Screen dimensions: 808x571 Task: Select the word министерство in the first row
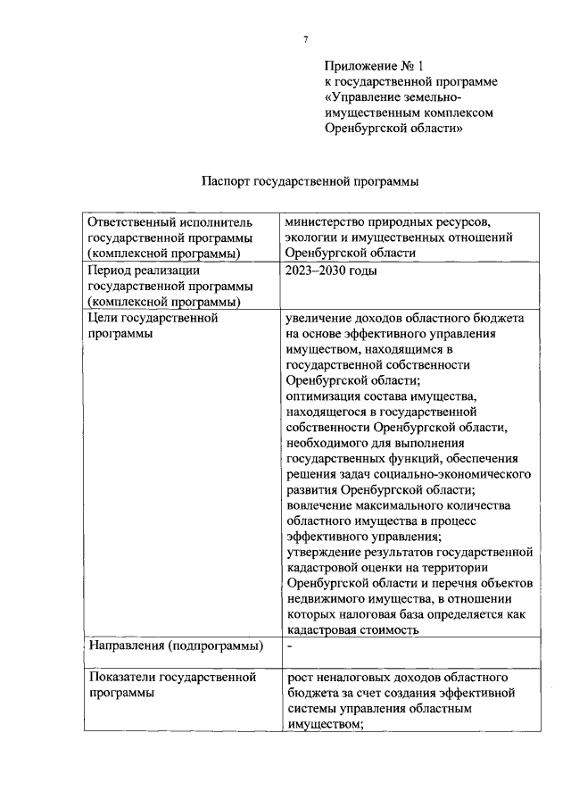[x=325, y=221]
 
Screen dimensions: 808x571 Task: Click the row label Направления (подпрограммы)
[x=175, y=645]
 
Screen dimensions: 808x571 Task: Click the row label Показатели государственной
[x=173, y=678]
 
